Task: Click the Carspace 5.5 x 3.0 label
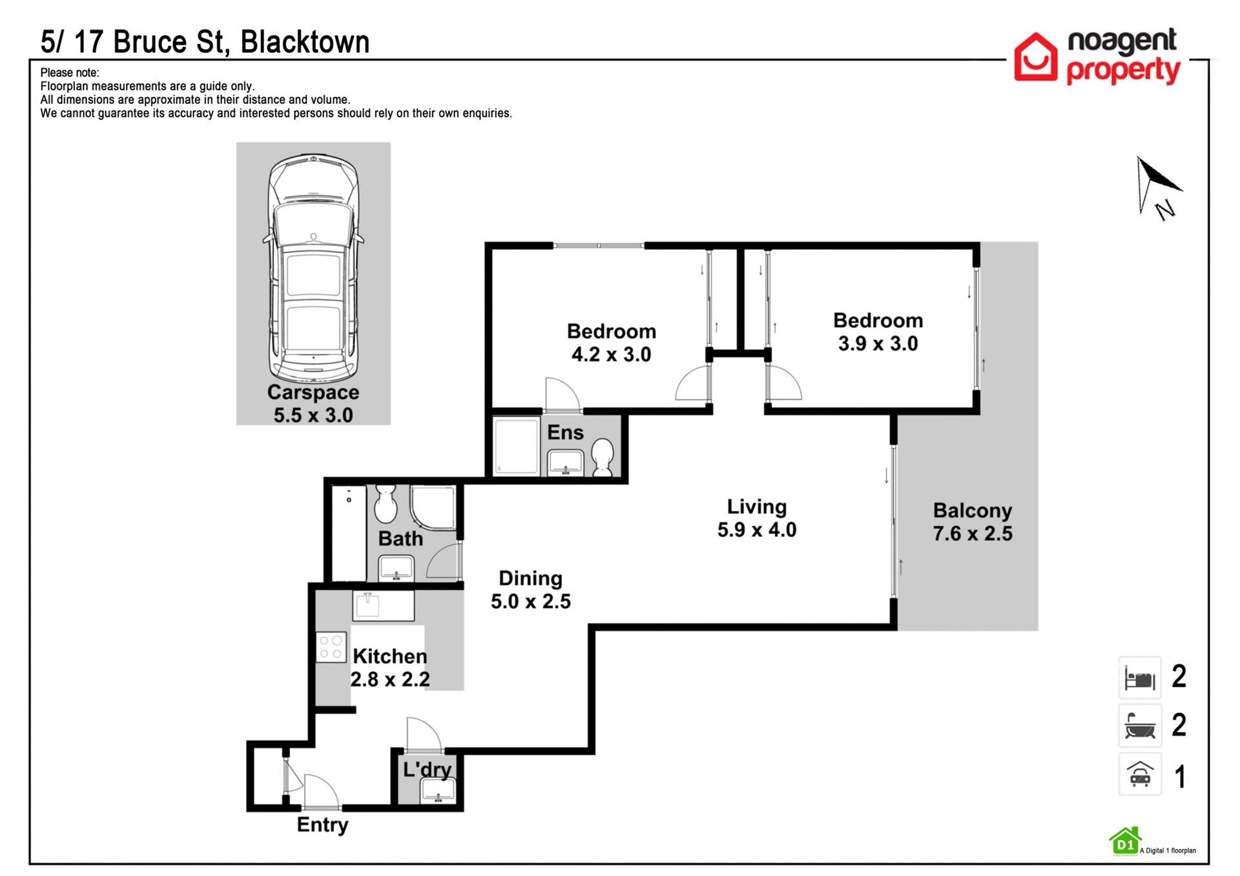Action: (313, 403)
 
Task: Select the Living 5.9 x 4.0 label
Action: (757, 518)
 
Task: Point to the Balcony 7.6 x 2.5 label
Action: (973, 522)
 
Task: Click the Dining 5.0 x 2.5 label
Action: (531, 589)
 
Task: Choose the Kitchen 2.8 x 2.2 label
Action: (390, 667)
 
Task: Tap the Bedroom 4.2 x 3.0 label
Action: (612, 343)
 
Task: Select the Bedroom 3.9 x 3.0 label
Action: (878, 332)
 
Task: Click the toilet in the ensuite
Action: (603, 456)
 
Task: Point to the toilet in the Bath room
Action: (386, 504)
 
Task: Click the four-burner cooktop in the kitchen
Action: (331, 647)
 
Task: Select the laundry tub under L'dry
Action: (438, 791)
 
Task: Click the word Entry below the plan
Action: (322, 826)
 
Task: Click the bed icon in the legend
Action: (1140, 678)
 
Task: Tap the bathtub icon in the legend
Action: (1140, 726)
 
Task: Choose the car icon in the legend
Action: (1140, 774)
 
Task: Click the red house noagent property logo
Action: (1035, 57)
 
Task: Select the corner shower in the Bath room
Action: (433, 508)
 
